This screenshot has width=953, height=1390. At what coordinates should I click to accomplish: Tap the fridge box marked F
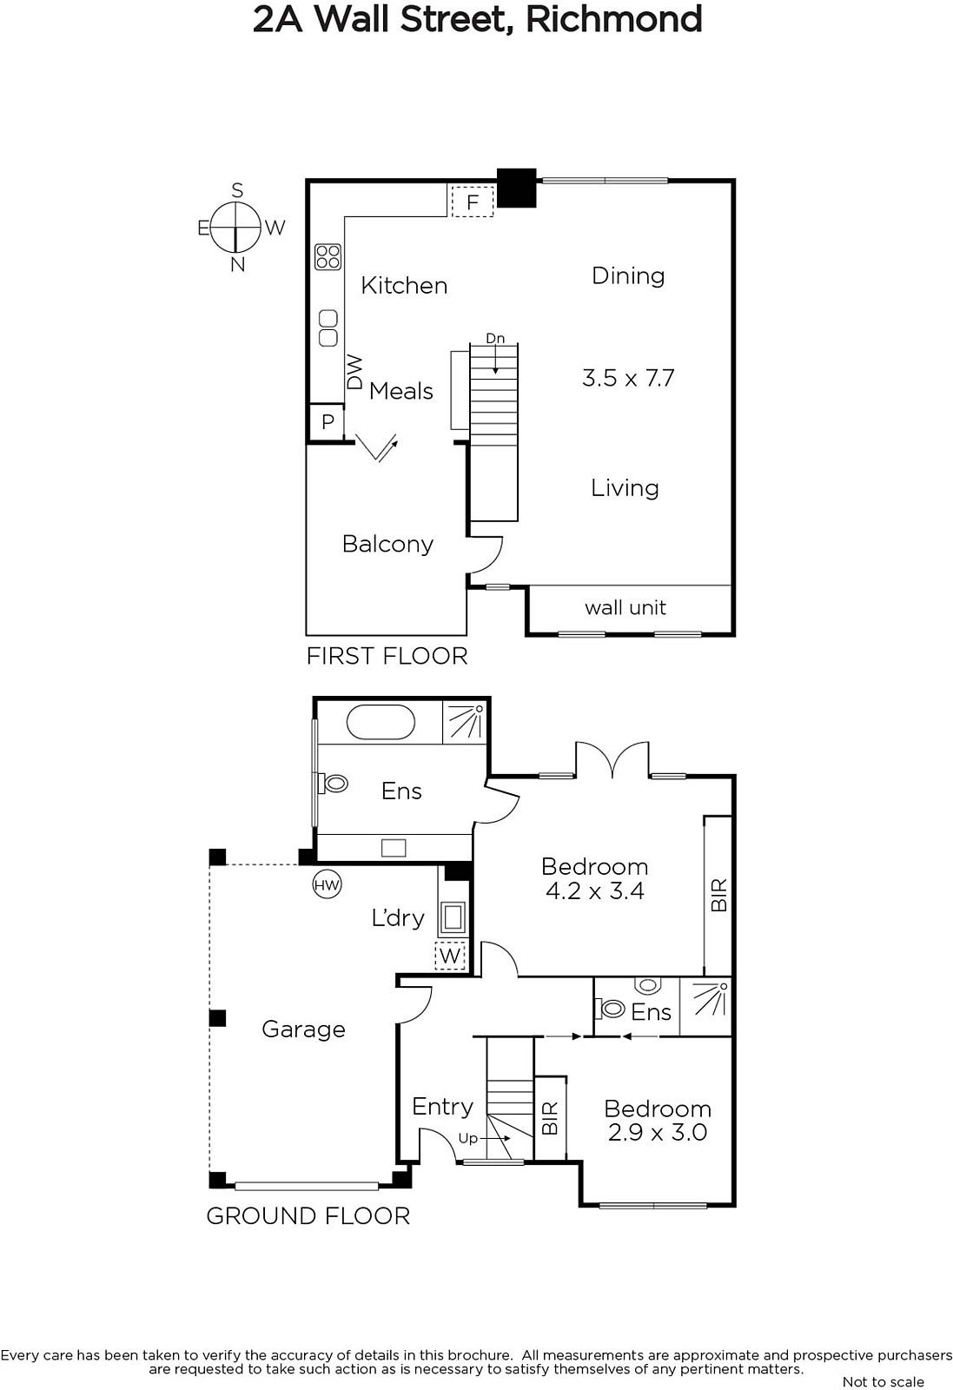click(x=473, y=202)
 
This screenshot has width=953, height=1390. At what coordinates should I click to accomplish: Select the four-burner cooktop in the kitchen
click(x=328, y=257)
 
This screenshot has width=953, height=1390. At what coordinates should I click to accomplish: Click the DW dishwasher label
click(x=354, y=371)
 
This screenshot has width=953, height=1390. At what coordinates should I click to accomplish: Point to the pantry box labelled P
click(x=328, y=422)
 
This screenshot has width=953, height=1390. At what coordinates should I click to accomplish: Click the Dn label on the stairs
click(x=495, y=338)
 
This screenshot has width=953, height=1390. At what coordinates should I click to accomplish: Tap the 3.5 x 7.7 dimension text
click(x=628, y=378)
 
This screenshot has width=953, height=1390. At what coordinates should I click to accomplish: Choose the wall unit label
click(x=625, y=607)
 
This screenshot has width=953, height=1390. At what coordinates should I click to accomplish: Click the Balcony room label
click(x=387, y=544)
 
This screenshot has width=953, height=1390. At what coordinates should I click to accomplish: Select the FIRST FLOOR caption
click(x=387, y=656)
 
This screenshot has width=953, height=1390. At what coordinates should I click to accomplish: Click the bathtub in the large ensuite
click(x=380, y=722)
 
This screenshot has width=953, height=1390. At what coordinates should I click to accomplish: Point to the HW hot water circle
click(x=327, y=885)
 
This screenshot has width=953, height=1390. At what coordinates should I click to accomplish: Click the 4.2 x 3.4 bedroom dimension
click(x=595, y=891)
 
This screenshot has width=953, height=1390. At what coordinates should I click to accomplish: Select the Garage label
click(x=303, y=1029)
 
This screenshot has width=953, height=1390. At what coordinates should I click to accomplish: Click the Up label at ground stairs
click(x=468, y=1138)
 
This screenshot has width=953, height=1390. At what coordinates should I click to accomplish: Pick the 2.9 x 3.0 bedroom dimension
click(x=658, y=1133)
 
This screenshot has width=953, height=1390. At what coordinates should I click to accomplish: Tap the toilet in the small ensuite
click(x=610, y=1009)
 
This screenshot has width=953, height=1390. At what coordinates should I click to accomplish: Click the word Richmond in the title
click(x=613, y=19)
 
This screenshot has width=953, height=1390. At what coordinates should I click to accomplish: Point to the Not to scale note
click(x=884, y=1381)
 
